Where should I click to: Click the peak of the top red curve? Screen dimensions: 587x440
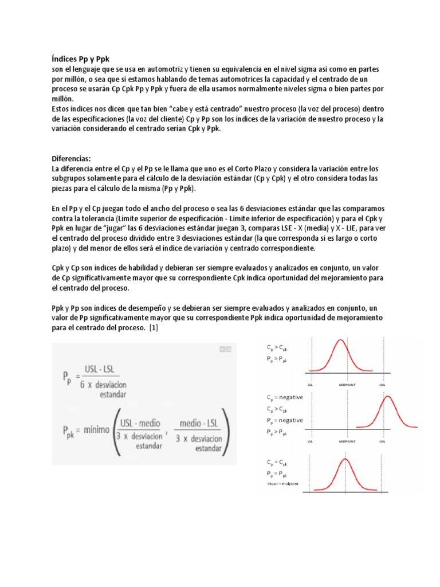pyautogui.click(x=341, y=341)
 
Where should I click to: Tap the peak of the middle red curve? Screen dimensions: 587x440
pyautogui.click(x=388, y=396)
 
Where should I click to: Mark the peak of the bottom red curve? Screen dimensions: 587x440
pyautogui.click(x=345, y=459)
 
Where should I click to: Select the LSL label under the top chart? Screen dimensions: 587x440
pyautogui.click(x=310, y=385)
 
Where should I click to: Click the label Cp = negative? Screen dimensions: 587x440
pyautogui.click(x=285, y=397)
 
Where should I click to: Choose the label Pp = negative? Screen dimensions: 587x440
pyautogui.click(x=285, y=420)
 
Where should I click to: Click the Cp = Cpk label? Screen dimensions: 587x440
pyautogui.click(x=277, y=462)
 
